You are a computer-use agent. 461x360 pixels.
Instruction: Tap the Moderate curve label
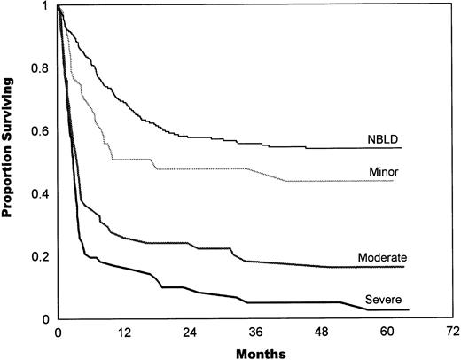click(x=381, y=257)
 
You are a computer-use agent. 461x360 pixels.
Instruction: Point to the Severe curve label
click(x=381, y=301)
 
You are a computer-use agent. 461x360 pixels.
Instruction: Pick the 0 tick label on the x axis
click(x=58, y=332)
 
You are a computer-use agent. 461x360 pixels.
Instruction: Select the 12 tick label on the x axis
click(x=123, y=332)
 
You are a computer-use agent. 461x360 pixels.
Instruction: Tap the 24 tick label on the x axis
click(x=189, y=332)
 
